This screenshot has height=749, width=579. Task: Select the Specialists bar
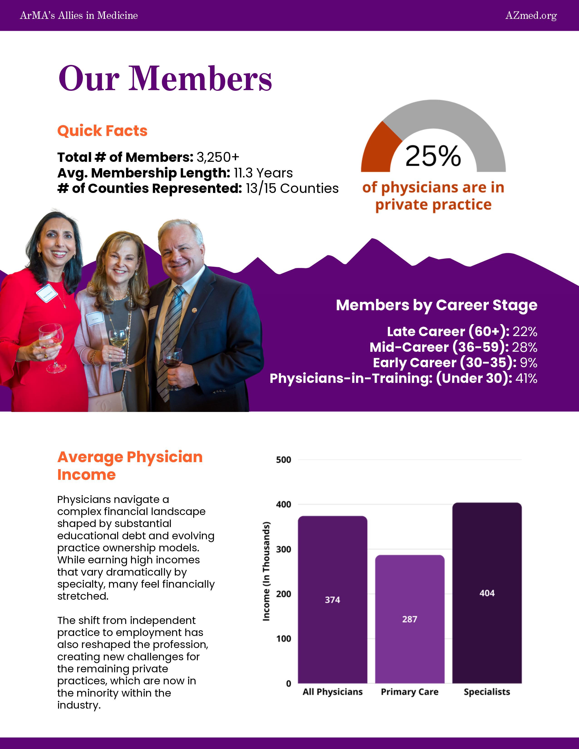click(487, 593)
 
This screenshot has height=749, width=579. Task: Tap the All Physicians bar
click(332, 600)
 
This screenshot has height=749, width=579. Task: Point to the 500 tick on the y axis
click(283, 460)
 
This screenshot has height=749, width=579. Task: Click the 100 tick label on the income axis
click(283, 638)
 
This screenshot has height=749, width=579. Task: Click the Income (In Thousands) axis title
click(266, 571)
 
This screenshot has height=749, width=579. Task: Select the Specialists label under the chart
click(487, 692)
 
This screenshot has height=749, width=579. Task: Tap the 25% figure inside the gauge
click(433, 156)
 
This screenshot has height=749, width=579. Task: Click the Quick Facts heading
click(102, 131)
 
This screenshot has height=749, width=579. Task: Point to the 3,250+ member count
click(218, 157)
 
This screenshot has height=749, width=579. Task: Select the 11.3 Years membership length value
click(263, 173)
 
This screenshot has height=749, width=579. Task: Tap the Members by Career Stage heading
click(436, 305)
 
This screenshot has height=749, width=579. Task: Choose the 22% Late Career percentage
click(525, 332)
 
